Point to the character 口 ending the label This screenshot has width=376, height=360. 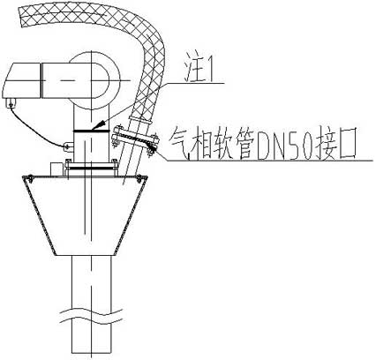click(x=347, y=144)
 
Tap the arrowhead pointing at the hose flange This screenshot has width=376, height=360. click(x=153, y=146)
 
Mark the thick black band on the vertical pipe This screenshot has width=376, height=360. click(x=92, y=131)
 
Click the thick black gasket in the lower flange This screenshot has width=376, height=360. click(x=92, y=169)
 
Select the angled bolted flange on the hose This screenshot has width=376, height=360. click(x=134, y=139)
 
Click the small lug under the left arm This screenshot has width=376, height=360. click(x=11, y=102)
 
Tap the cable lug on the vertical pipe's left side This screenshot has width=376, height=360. click(x=68, y=146)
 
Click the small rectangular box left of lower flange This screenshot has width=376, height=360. click(x=58, y=169)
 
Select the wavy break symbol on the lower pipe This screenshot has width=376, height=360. click(x=91, y=316)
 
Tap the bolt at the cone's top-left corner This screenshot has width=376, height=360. click(x=30, y=177)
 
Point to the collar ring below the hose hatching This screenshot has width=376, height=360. click(x=139, y=121)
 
